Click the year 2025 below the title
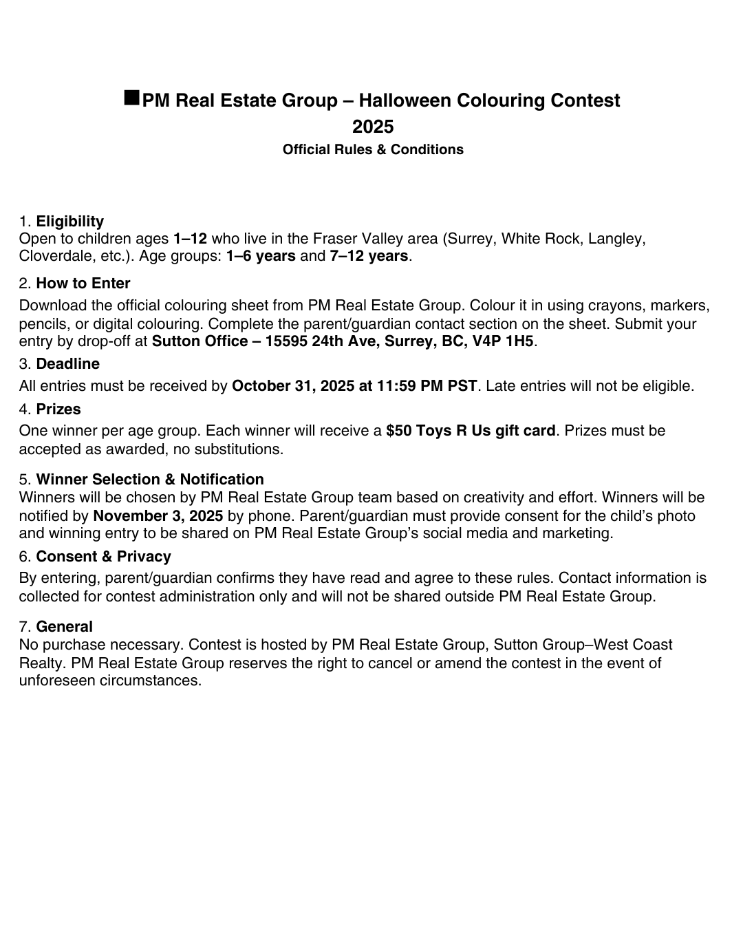point(373,127)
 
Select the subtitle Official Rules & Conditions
point(373,150)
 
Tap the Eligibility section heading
point(70,222)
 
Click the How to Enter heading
point(83,284)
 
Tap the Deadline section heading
point(68,364)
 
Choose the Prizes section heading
point(58,409)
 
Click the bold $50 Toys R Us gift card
point(471,431)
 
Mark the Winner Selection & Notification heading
point(150,480)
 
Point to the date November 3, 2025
point(158,516)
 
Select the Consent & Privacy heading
point(104,557)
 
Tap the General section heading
point(65,627)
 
